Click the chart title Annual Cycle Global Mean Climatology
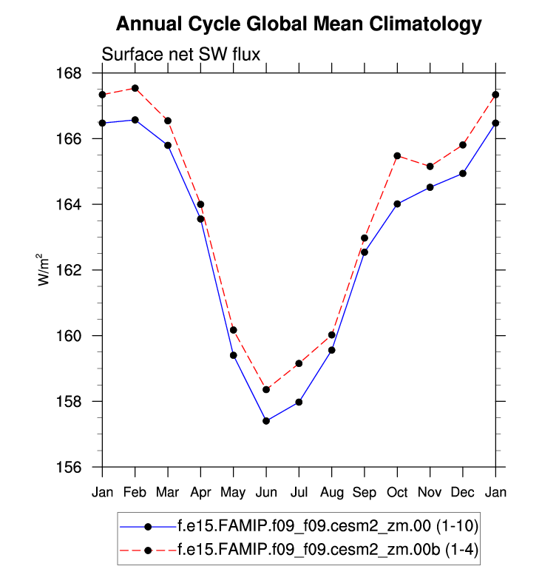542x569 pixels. pyautogui.click(x=299, y=24)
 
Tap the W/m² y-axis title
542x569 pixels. pyautogui.click(x=46, y=269)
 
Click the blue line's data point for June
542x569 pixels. pyautogui.click(x=266, y=421)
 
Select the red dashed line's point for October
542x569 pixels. pyautogui.click(x=397, y=155)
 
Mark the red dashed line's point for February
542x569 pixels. pyautogui.click(x=135, y=88)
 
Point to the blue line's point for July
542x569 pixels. pyautogui.click(x=299, y=402)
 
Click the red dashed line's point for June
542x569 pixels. pyautogui.click(x=266, y=389)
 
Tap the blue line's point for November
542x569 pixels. pyautogui.click(x=430, y=187)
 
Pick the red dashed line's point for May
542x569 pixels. pyautogui.click(x=233, y=330)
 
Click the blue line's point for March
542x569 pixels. pyautogui.click(x=168, y=145)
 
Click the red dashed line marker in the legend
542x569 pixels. pyautogui.click(x=148, y=550)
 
